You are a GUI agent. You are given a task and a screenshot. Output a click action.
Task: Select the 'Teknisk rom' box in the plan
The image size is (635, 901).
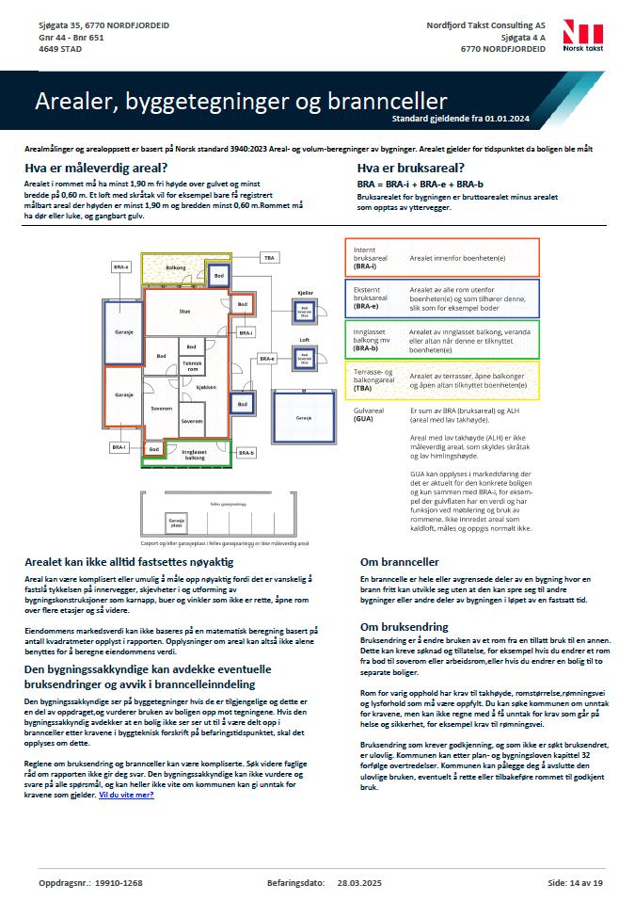pos(192,365)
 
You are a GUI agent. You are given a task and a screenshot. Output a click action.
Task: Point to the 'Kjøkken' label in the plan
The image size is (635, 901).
pos(207,388)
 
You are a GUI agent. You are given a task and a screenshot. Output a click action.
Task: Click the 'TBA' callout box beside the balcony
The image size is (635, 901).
pos(269,257)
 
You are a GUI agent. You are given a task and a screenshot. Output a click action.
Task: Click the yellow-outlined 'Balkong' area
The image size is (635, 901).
pos(175,267)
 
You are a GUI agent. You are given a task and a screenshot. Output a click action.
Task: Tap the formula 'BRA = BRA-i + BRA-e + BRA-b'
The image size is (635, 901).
pos(420,185)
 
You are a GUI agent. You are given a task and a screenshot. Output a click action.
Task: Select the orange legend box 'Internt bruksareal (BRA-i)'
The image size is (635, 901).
pos(444,257)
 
